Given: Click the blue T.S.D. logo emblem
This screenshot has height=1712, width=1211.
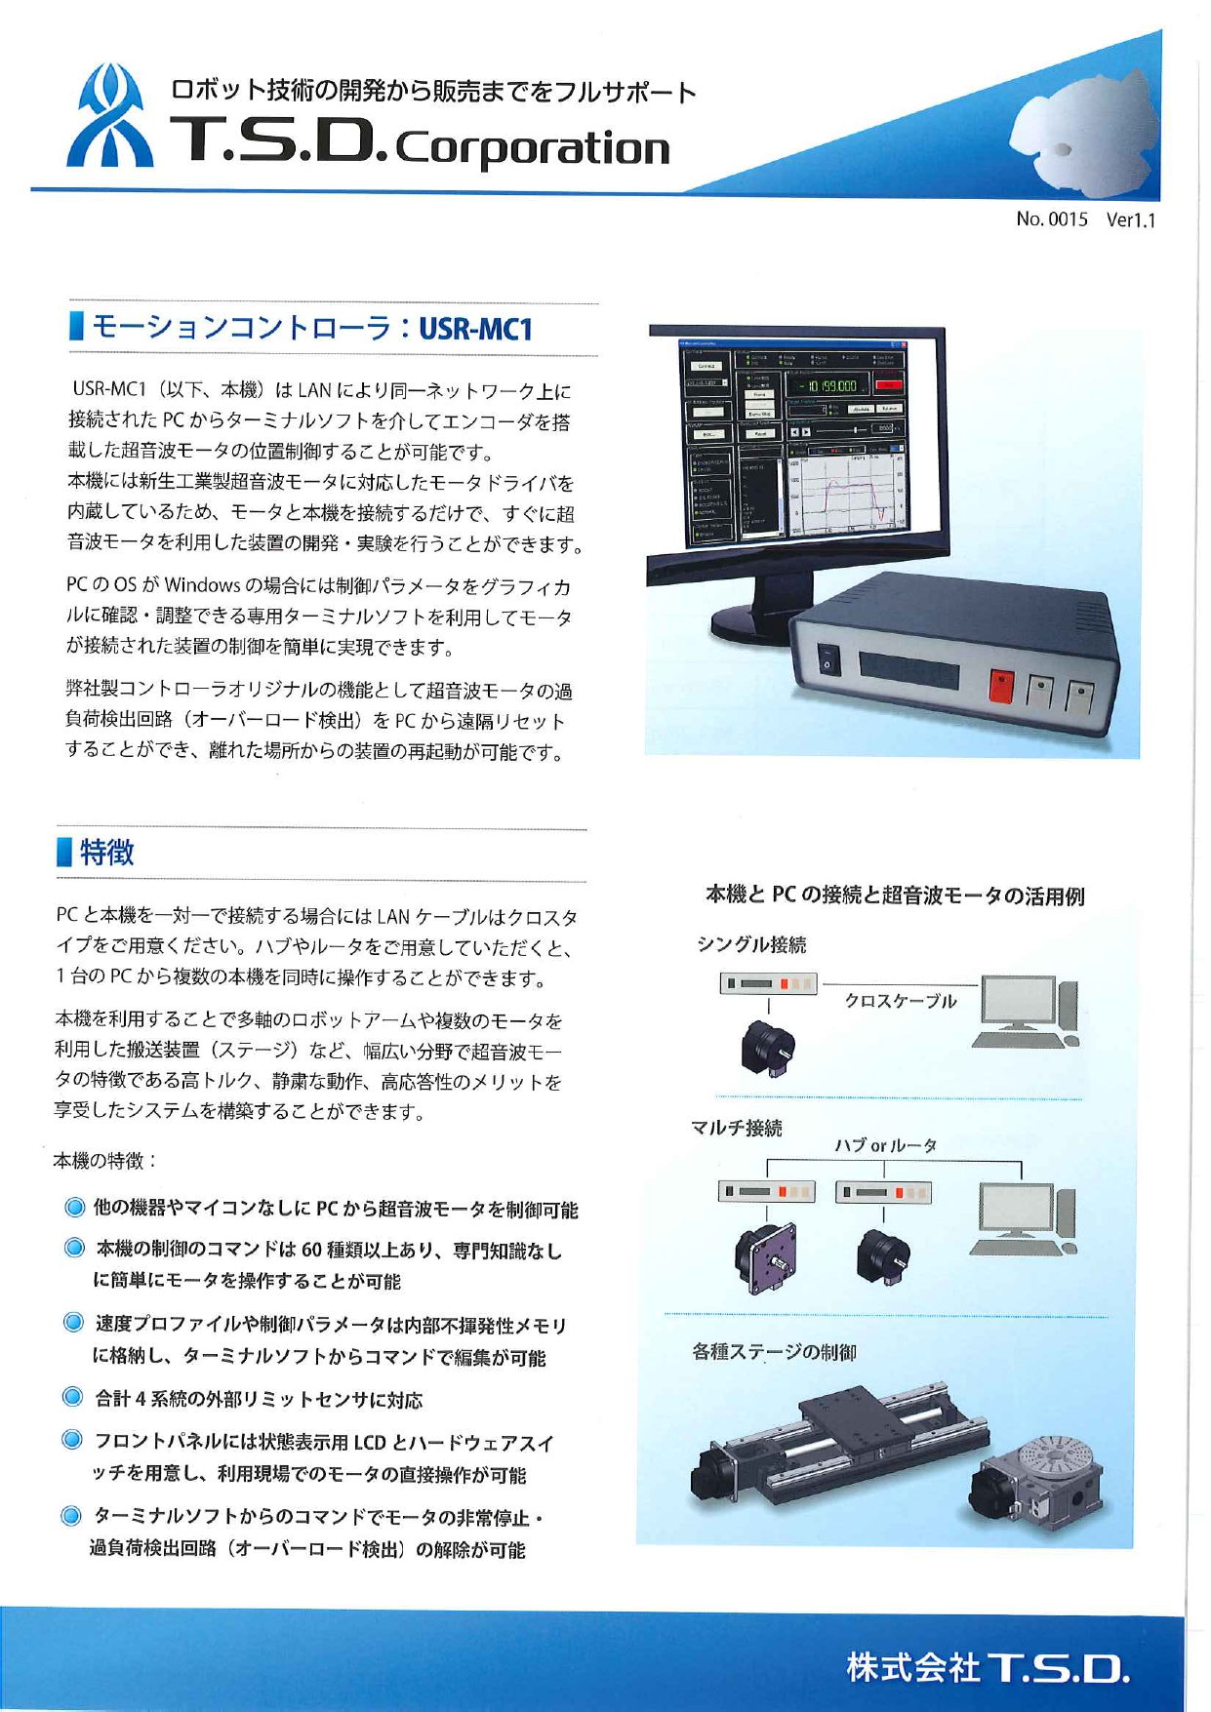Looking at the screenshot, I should (x=109, y=117).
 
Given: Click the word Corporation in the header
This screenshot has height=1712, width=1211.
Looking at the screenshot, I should (x=534, y=149).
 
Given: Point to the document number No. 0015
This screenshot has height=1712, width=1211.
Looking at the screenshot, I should (x=1051, y=219).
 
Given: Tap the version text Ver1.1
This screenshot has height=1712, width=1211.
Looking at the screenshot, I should (x=1130, y=220).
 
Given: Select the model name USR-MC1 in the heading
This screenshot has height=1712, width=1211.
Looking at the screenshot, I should (x=475, y=329).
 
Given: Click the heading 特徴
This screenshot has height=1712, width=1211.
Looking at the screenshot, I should (x=106, y=853).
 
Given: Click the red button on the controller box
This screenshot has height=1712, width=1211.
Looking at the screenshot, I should (x=1001, y=685).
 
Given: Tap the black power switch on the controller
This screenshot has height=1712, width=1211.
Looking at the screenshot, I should (x=828, y=659).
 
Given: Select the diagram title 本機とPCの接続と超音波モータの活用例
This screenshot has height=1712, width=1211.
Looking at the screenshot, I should (x=894, y=896).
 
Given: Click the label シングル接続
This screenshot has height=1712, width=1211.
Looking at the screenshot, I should (x=751, y=944).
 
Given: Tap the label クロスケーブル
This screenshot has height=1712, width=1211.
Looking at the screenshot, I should (x=900, y=1001).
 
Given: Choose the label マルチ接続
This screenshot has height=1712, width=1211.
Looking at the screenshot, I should (x=737, y=1129).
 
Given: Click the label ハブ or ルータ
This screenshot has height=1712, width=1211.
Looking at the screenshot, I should (x=885, y=1145).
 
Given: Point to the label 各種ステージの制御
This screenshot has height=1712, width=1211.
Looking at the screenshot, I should (x=774, y=1352).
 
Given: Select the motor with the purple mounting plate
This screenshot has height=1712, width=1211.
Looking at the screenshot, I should (x=767, y=1258).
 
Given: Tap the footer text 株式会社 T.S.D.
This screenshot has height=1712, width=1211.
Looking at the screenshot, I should (x=988, y=1667).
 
